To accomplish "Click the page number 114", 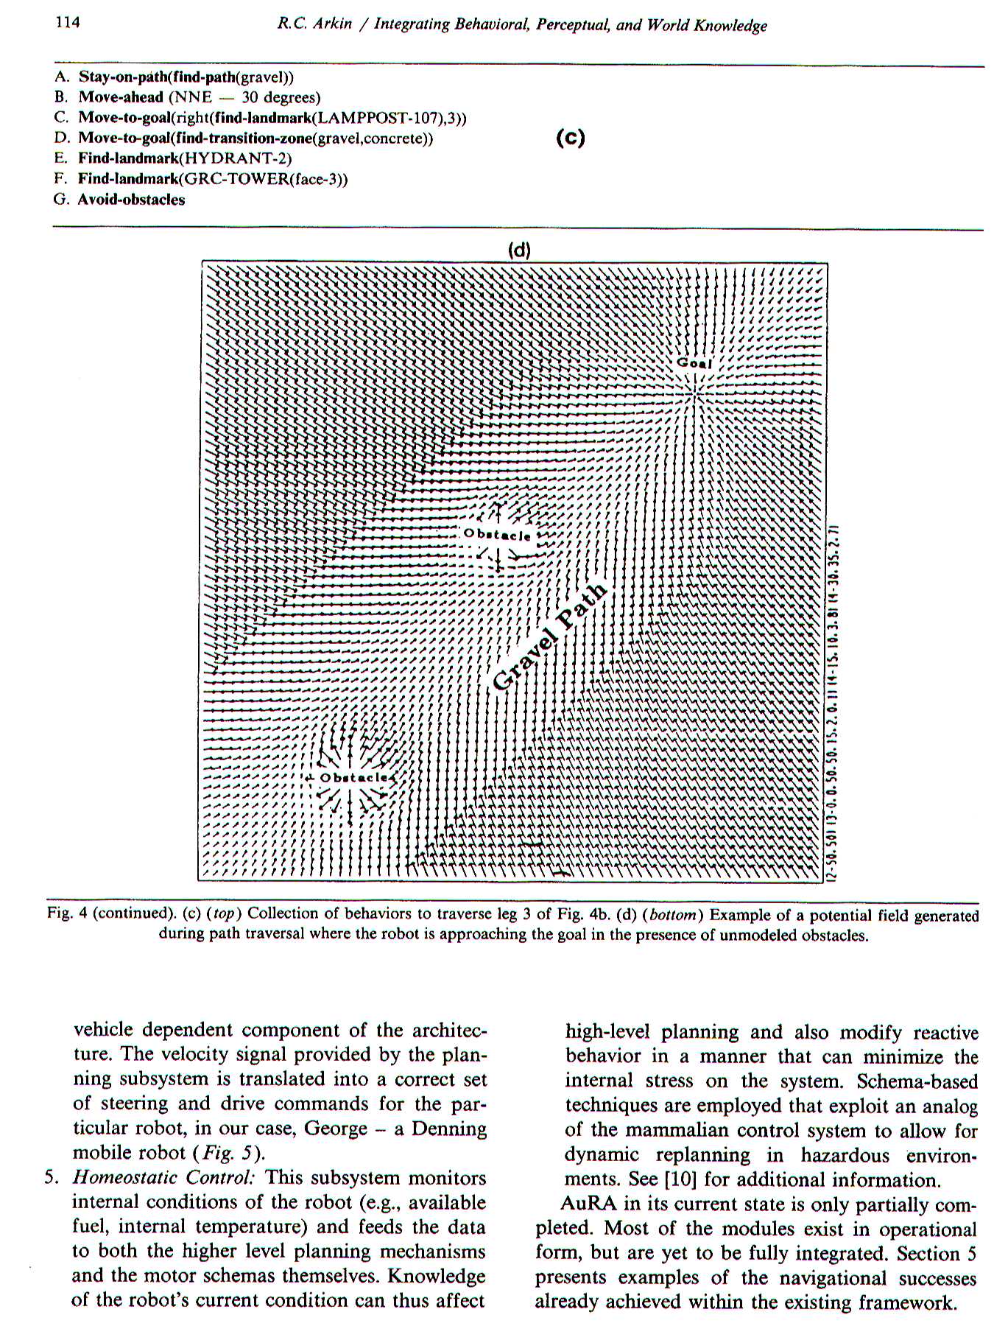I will [67, 22].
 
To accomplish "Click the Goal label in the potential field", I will [694, 363].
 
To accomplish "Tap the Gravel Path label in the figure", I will [550, 636].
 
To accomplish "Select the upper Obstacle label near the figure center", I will [497, 534].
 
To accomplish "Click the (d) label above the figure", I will [519, 249].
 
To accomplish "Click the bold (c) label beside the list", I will [570, 138].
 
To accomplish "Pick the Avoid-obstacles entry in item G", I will [131, 200].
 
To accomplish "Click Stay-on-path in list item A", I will [123, 77].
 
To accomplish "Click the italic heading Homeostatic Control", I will [163, 1176].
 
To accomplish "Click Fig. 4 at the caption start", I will [68, 913].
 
